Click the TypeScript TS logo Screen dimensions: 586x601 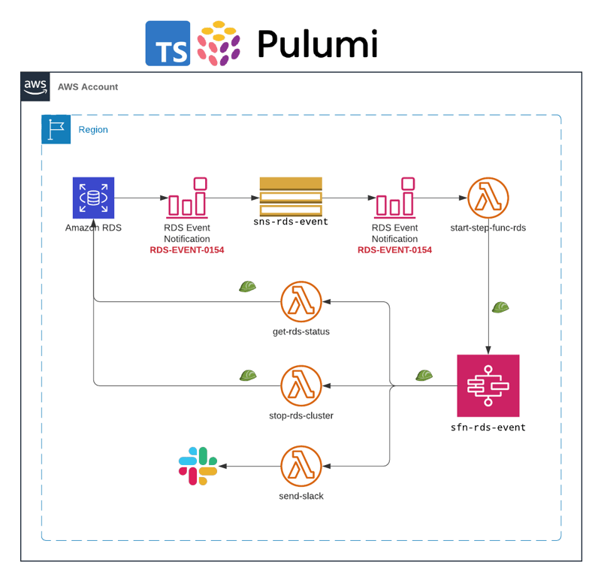(x=168, y=43)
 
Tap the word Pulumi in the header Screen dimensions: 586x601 (x=317, y=44)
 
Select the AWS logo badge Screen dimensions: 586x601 (x=35, y=86)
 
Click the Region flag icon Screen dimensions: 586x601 (x=56, y=129)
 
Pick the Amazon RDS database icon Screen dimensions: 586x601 (x=93, y=198)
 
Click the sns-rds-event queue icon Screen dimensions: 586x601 (x=291, y=197)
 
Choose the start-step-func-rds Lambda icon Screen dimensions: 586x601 (x=488, y=198)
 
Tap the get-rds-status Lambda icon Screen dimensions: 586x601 (x=301, y=302)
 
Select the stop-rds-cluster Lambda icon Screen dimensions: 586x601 (x=301, y=385)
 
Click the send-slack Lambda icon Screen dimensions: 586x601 (x=301, y=466)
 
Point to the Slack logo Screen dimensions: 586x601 (x=198, y=466)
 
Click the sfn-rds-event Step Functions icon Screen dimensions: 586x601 (x=488, y=385)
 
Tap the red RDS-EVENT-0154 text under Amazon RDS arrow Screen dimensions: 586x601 (x=187, y=249)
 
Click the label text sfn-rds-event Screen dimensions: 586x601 (x=488, y=427)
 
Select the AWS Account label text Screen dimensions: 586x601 (x=88, y=86)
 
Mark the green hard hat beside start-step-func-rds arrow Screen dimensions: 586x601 (x=501, y=307)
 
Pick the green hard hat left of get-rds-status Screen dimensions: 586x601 (x=248, y=286)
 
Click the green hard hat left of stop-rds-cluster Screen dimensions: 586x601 (x=248, y=375)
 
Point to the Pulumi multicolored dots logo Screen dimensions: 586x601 (x=219, y=43)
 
